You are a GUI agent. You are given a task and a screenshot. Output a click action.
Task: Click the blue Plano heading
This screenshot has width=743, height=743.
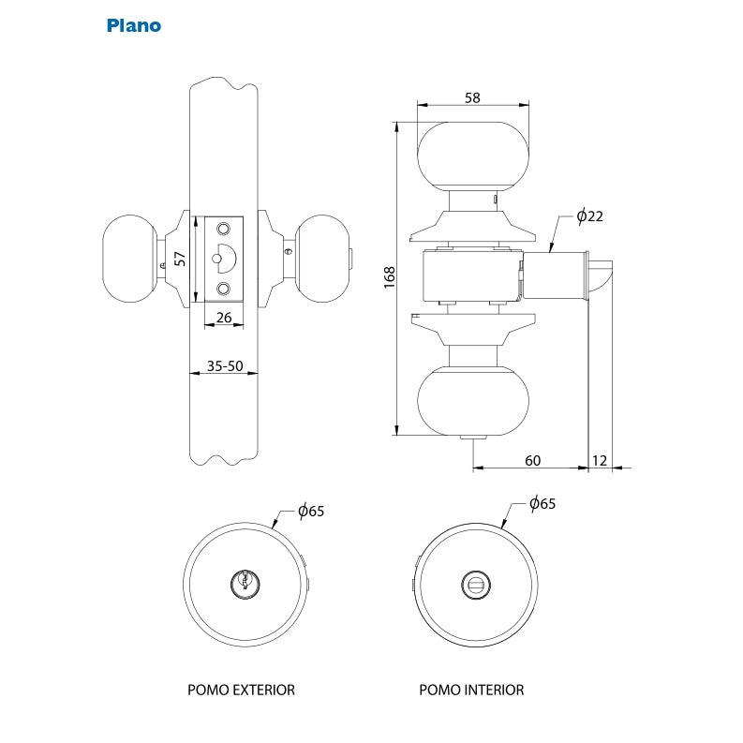pyautogui.click(x=134, y=25)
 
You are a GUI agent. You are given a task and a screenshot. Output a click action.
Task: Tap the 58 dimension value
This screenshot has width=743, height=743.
pyautogui.click(x=472, y=97)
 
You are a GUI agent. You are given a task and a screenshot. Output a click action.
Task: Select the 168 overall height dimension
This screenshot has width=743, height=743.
pyautogui.click(x=389, y=277)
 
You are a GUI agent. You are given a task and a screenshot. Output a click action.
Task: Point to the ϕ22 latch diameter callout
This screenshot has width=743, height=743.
pyautogui.click(x=590, y=216)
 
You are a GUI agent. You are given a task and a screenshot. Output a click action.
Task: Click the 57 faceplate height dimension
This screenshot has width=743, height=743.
pyautogui.click(x=180, y=259)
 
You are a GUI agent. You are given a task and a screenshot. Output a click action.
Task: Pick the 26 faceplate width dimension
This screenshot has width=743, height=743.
pyautogui.click(x=224, y=317)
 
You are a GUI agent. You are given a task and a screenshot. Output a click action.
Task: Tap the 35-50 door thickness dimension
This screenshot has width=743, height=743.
pyautogui.click(x=225, y=365)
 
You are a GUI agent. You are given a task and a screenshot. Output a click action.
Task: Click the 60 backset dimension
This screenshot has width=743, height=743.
pyautogui.click(x=532, y=461)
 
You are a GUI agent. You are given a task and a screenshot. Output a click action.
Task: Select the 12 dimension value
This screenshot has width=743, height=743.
pyautogui.click(x=600, y=461)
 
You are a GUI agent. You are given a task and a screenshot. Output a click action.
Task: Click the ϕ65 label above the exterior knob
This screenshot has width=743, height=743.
pyautogui.click(x=311, y=511)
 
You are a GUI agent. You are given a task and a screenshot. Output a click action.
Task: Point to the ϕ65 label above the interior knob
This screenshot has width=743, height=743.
pyautogui.click(x=542, y=503)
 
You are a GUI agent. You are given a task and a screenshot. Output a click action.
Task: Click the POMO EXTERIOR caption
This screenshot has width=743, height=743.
pyautogui.click(x=241, y=690)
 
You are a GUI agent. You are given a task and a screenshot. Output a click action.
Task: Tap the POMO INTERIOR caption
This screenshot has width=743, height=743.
pyautogui.click(x=471, y=690)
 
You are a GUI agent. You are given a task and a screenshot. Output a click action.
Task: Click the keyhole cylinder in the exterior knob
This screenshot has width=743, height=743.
pyautogui.click(x=245, y=584)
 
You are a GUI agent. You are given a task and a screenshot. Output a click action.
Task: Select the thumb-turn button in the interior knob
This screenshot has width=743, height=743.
pyautogui.click(x=476, y=585)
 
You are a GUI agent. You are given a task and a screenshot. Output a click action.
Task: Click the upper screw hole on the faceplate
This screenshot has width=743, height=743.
pyautogui.click(x=223, y=229)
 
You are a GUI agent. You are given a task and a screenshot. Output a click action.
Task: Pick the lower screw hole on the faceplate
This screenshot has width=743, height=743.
pyautogui.click(x=223, y=288)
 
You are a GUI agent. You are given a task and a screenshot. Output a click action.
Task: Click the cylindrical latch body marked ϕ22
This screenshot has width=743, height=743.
pyautogui.click(x=555, y=275)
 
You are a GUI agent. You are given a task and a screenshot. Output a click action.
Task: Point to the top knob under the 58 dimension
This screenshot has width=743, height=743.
pyautogui.click(x=473, y=156)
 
